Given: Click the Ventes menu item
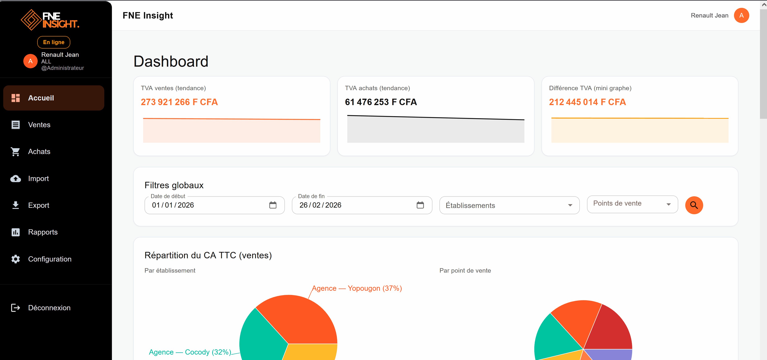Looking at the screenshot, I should tap(39, 125).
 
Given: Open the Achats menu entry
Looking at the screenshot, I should tap(39, 152).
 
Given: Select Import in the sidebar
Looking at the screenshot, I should tap(38, 178).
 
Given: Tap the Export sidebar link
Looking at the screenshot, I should tap(38, 205).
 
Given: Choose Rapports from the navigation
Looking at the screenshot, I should tap(43, 232).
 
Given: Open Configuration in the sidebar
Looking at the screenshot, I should tap(50, 259).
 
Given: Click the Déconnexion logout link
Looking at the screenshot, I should tap(49, 308).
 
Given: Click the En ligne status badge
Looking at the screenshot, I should tap(54, 42).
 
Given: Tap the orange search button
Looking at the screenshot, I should tap(694, 205).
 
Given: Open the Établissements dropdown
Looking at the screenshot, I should tap(509, 205).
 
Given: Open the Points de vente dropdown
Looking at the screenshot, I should tap(632, 204).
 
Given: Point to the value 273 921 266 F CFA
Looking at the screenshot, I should tap(179, 102).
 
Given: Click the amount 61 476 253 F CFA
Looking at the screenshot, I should tap(380, 102).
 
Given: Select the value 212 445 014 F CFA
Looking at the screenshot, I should tap(587, 102).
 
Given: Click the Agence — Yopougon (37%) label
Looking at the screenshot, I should tap(357, 288).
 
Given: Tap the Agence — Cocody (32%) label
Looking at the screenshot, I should tap(190, 352).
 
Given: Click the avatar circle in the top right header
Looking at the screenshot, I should tap(741, 16).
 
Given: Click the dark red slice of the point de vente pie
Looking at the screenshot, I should tap(610, 331).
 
